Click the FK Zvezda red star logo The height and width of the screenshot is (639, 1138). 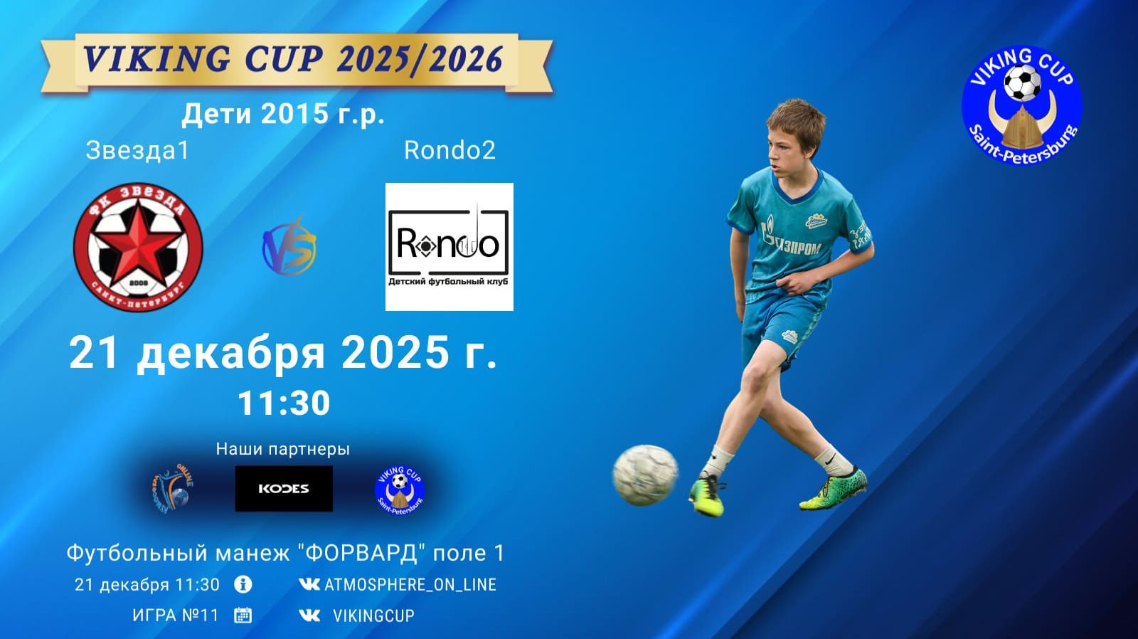tap(138, 248)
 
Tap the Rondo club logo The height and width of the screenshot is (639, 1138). tap(449, 246)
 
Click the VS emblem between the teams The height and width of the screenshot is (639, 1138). tap(289, 245)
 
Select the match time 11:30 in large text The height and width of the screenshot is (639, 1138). tap(284, 403)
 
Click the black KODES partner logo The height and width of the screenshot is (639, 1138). tap(284, 488)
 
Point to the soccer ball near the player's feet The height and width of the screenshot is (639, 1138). tap(645, 475)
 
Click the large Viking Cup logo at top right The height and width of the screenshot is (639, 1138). tap(1022, 105)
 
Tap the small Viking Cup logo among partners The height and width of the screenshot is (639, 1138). tap(399, 489)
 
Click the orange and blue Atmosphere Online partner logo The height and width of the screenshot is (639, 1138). tap(172, 488)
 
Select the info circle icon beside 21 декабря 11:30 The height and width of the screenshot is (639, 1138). tap(243, 584)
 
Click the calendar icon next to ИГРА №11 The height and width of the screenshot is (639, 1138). tap(243, 616)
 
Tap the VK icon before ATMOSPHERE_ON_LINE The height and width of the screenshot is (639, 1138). tap(309, 584)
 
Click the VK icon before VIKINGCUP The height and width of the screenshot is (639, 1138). tap(309, 616)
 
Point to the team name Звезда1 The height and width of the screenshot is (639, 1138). tap(137, 150)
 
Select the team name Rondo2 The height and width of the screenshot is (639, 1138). tap(450, 150)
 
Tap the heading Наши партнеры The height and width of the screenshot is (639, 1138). tap(283, 449)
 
